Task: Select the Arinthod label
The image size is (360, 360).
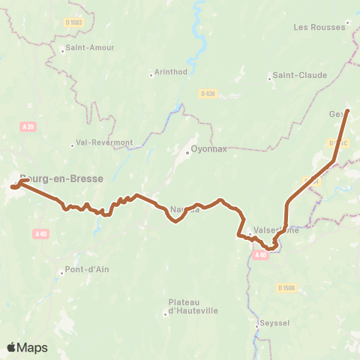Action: [x=171, y=72]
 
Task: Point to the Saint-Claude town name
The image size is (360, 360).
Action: [x=299, y=75]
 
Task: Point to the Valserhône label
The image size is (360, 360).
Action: [x=277, y=230]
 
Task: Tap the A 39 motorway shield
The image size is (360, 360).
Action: [x=28, y=127]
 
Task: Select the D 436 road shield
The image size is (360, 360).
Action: [x=208, y=93]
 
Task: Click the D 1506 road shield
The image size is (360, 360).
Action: [x=286, y=287]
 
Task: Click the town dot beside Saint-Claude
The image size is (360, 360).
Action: [x=269, y=77]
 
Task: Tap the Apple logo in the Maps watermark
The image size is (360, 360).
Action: [x=12, y=347]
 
